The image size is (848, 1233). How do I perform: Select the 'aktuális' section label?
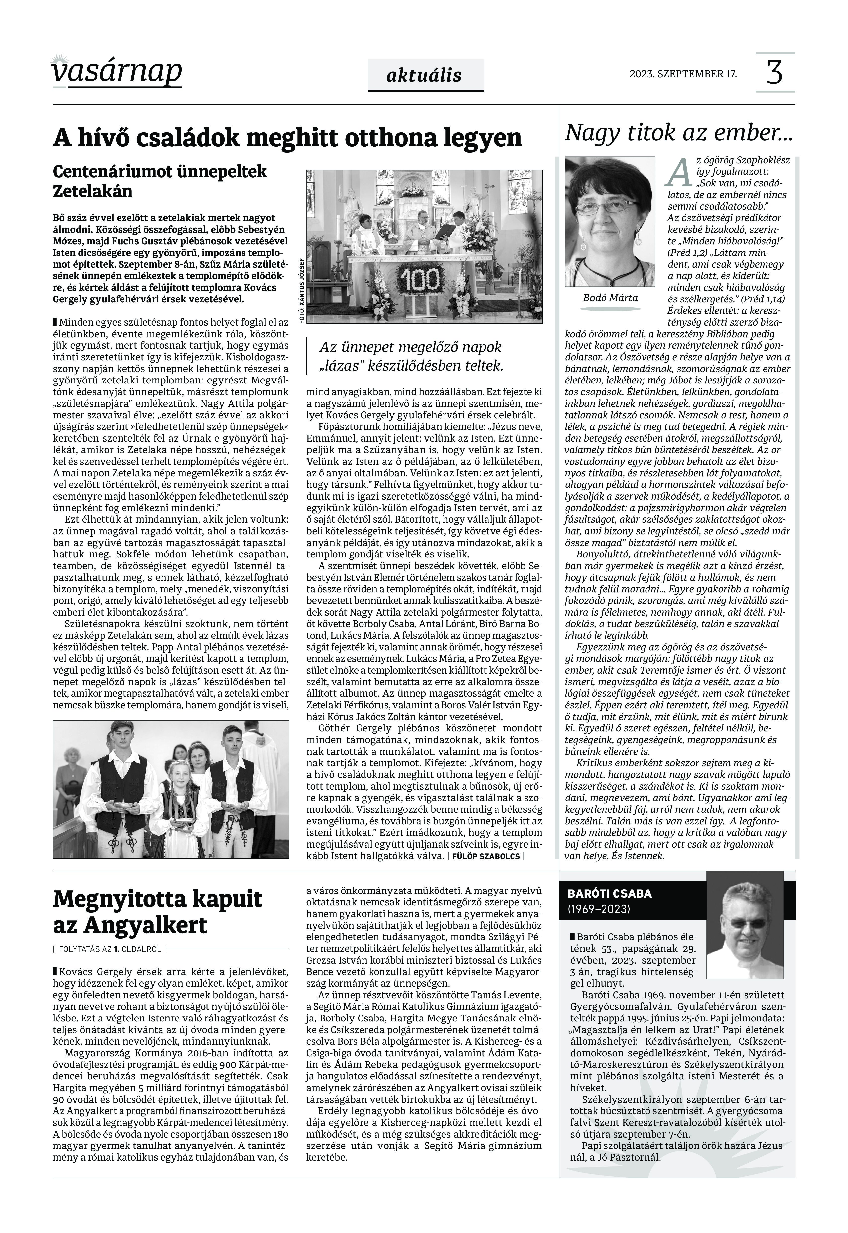tap(425, 75)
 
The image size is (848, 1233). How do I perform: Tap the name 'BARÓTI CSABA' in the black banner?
tap(609, 893)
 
